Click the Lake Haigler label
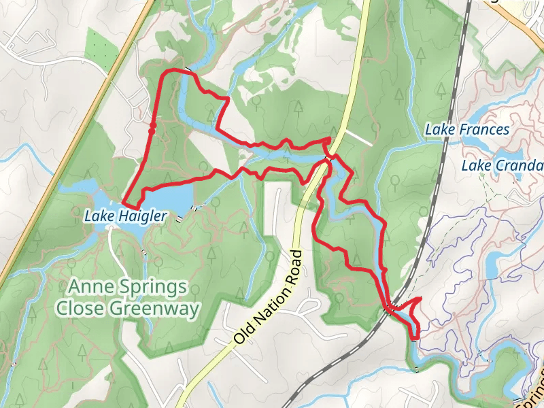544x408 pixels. [x=125, y=216]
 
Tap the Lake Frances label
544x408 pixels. [x=466, y=129]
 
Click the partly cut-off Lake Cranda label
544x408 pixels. [x=502, y=166]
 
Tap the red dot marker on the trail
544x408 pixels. [x=153, y=126]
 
